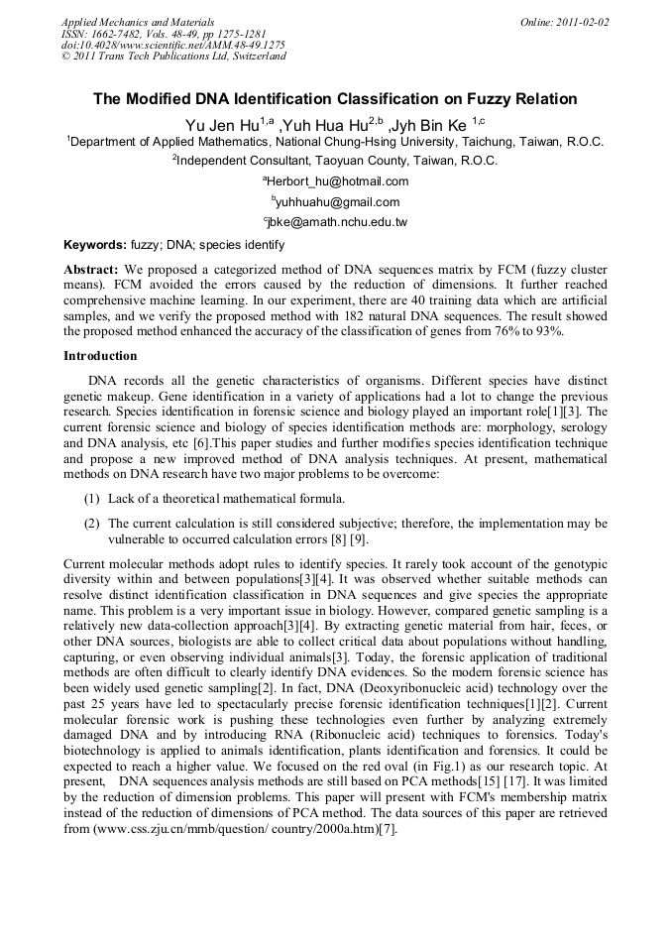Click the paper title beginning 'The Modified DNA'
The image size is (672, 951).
click(x=335, y=99)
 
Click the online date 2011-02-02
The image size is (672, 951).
click(x=566, y=21)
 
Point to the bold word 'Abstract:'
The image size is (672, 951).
click(x=91, y=270)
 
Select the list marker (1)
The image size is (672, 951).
click(x=91, y=498)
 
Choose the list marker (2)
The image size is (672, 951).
click(x=91, y=523)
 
